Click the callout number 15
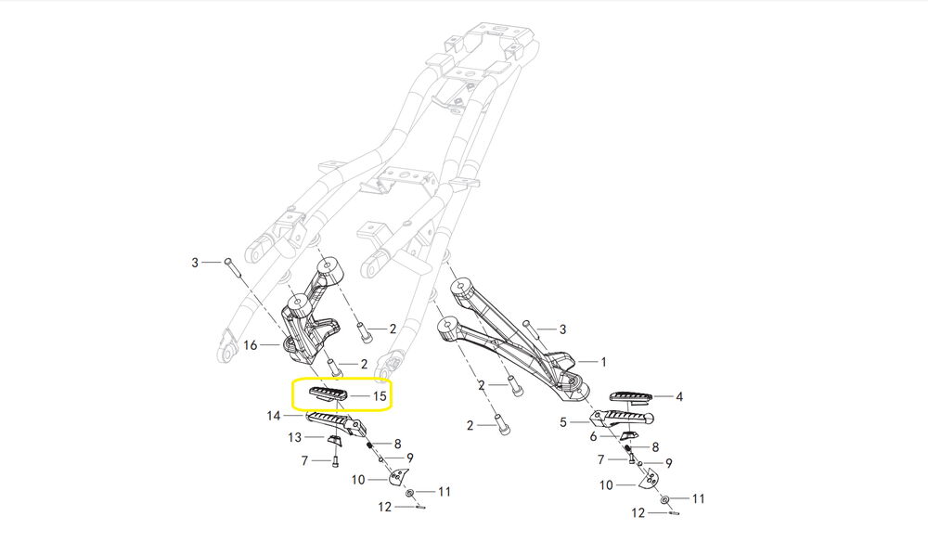point(380,396)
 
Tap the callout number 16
point(250,345)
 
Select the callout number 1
point(603,362)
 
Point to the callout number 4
point(679,396)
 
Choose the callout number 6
point(593,436)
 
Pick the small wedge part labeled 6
point(630,436)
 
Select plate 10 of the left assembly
point(399,478)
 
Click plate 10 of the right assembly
point(651,479)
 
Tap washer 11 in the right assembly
point(666,499)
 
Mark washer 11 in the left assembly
point(410,491)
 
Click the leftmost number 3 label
point(195,264)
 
